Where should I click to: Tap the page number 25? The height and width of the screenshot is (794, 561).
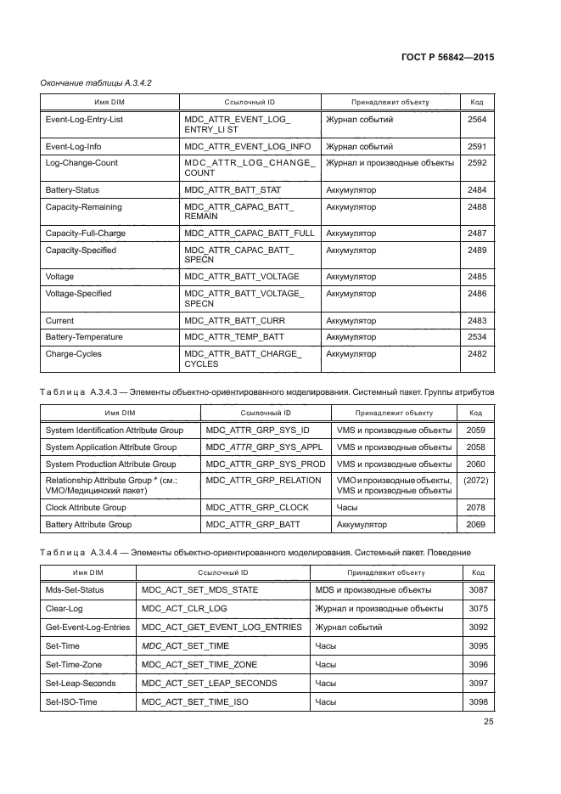click(488, 722)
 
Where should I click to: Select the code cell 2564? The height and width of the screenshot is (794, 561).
click(476, 120)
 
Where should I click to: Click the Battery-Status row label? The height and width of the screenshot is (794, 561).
click(72, 190)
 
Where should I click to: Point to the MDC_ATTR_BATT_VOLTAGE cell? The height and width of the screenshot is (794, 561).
click(241, 277)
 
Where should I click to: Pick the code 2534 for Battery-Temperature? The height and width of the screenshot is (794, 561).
click(476, 337)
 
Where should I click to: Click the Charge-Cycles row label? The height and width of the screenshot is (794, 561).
click(70, 353)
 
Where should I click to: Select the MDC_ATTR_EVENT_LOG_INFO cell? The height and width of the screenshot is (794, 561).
click(247, 147)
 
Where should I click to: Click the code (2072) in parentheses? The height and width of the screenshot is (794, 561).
click(475, 480)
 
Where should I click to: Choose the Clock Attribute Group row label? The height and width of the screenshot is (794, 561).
click(85, 507)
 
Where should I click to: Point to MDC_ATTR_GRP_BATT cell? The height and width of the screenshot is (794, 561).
click(253, 525)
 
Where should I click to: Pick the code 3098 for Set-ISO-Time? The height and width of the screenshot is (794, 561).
click(478, 702)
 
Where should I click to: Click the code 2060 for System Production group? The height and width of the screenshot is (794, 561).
click(475, 464)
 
